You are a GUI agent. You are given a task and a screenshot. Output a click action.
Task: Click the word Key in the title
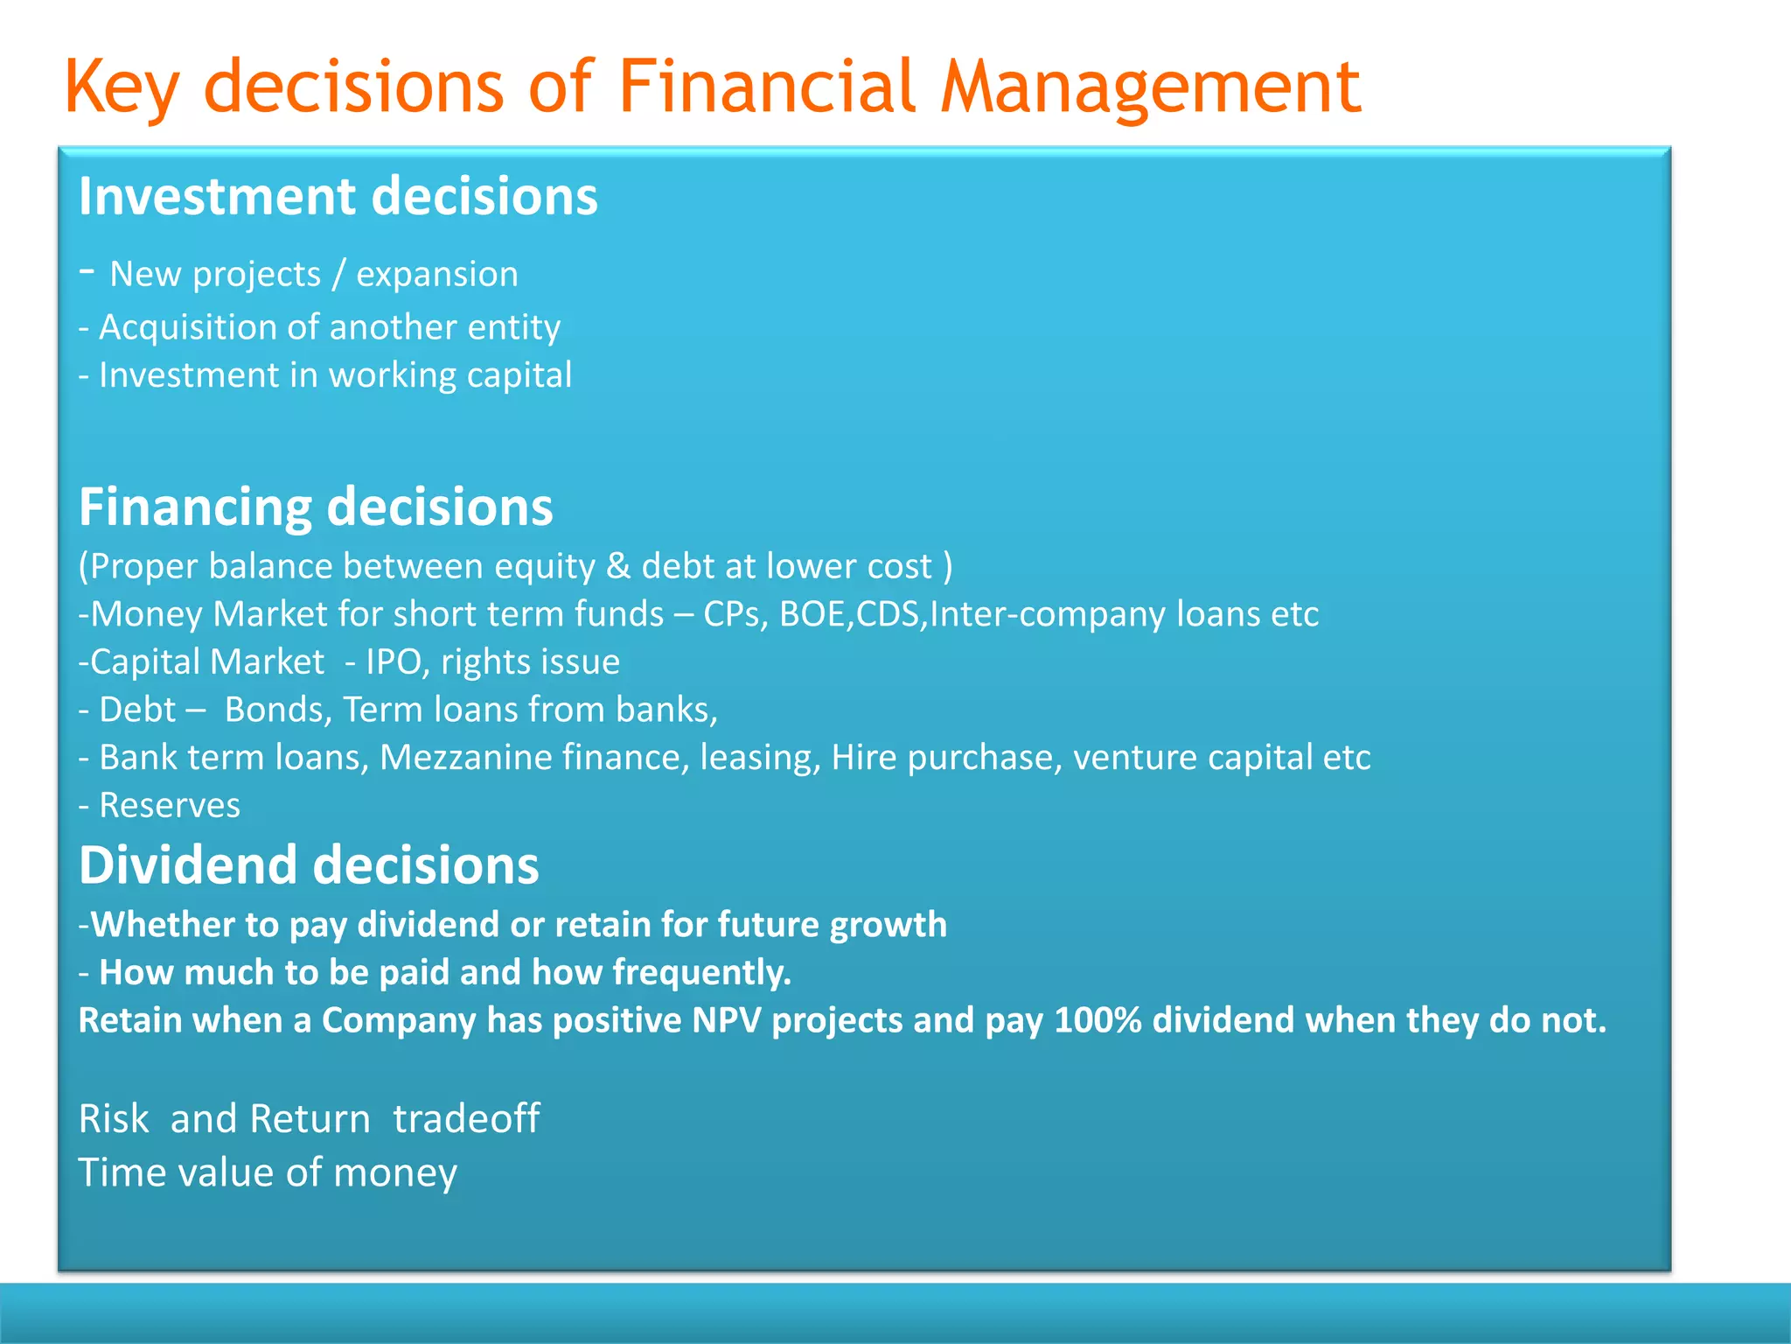point(122,87)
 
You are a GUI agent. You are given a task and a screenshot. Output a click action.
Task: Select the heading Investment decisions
point(338,196)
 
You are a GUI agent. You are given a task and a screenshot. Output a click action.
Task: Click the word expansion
point(436,275)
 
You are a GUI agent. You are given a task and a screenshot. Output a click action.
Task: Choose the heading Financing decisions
point(316,507)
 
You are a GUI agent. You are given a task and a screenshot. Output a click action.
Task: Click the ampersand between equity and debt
point(617,566)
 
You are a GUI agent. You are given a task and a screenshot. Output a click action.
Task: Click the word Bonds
point(277,710)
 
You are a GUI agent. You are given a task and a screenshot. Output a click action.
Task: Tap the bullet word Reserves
point(170,806)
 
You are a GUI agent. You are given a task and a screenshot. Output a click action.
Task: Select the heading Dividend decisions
point(309,865)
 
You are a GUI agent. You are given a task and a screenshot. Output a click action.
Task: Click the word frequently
point(701,973)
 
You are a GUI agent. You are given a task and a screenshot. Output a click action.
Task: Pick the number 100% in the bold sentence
point(1098,1021)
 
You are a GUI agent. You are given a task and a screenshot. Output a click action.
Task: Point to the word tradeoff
point(466,1119)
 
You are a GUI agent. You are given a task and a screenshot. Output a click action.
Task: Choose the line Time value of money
point(268,1173)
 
